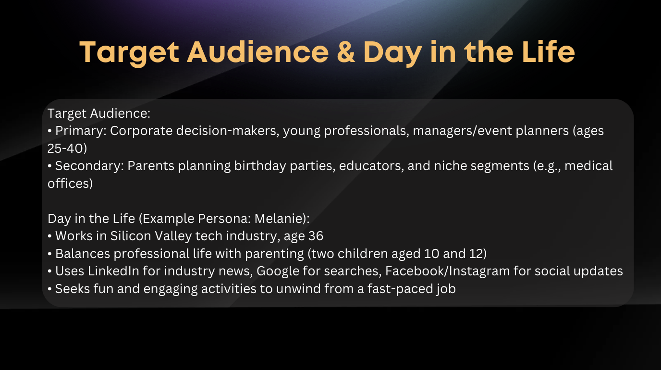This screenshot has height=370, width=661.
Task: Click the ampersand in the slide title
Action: tap(345, 52)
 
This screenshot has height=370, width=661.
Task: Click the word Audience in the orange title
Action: tap(258, 52)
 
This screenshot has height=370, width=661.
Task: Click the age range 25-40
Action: tap(67, 148)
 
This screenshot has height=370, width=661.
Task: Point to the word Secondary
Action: tap(87, 166)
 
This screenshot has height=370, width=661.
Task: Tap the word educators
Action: tap(370, 166)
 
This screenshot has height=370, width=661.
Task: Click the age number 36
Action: tap(316, 236)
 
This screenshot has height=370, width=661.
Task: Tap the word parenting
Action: tap(274, 254)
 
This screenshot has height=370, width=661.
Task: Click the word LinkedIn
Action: tap(113, 271)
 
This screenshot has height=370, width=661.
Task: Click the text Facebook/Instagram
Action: tap(447, 271)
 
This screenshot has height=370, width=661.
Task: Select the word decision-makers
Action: tap(226, 131)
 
